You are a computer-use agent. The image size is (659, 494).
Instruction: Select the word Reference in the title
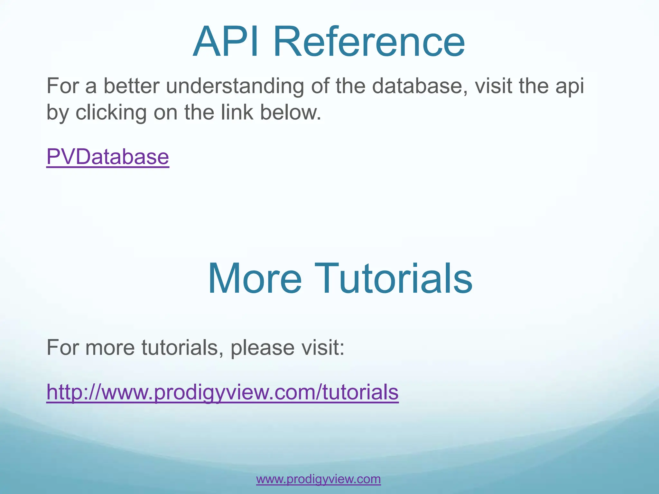tap(369, 42)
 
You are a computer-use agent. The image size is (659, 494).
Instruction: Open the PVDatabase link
tap(107, 157)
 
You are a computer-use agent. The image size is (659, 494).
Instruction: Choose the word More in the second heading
tap(255, 278)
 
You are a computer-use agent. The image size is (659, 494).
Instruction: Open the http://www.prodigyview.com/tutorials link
tap(222, 392)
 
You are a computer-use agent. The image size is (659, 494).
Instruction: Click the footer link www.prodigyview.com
tap(318, 479)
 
